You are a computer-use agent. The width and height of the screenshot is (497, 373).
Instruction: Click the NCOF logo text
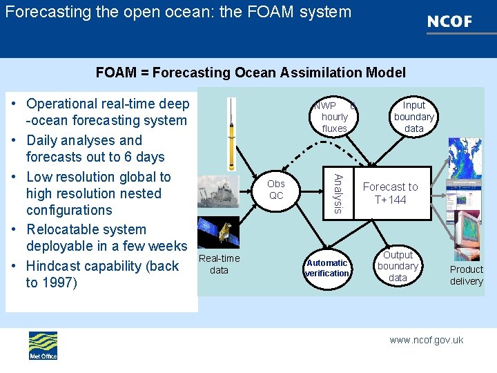point(449,21)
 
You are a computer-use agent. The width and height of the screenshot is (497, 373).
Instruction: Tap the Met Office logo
point(43,345)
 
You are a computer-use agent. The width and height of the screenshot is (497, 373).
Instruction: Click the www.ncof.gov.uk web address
point(426,340)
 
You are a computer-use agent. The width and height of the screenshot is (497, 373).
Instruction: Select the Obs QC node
point(275,190)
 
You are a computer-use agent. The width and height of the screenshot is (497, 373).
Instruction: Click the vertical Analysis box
point(338,193)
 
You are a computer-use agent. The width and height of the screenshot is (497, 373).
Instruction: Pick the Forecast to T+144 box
point(390,193)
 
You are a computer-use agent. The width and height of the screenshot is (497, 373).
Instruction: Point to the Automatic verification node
point(327,268)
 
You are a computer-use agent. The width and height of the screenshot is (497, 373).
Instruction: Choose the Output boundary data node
point(398,266)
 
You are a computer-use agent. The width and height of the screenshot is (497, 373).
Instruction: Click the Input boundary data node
point(413,117)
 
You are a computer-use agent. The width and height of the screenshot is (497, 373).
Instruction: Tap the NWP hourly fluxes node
point(334,117)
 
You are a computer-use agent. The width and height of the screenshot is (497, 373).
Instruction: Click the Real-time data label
point(219,265)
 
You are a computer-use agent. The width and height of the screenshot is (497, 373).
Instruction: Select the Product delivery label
point(467,275)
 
